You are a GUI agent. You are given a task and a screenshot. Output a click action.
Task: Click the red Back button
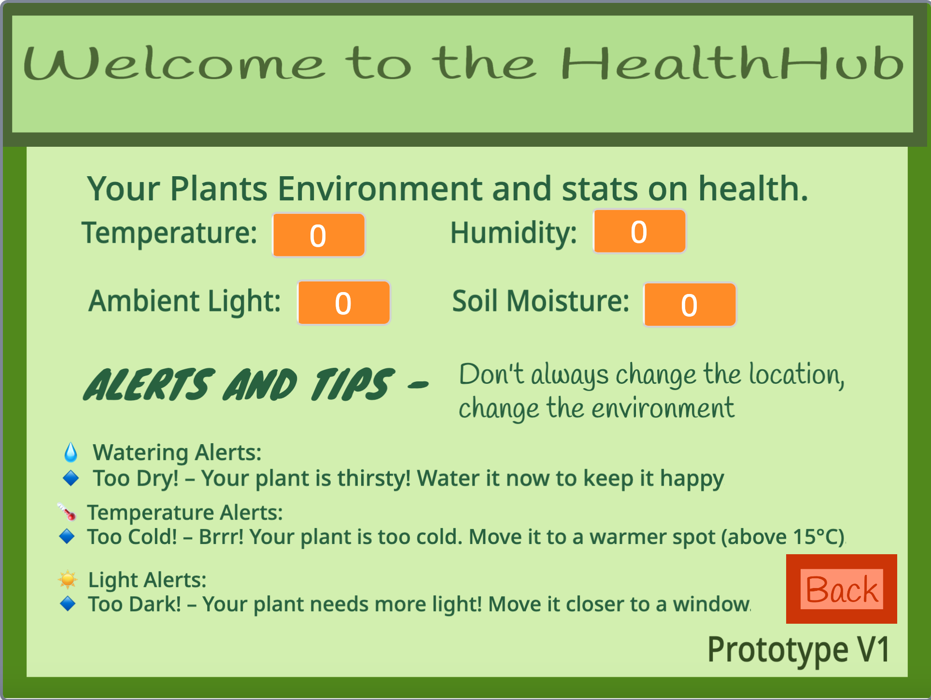(x=841, y=589)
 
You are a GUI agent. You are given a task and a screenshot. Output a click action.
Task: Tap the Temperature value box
(x=318, y=235)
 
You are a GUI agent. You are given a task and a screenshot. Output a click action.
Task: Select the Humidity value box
(x=639, y=231)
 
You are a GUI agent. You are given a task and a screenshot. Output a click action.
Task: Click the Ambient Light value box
(x=343, y=303)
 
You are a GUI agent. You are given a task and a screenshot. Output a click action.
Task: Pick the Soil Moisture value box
(x=689, y=305)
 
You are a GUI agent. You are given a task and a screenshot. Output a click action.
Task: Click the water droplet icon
(x=71, y=452)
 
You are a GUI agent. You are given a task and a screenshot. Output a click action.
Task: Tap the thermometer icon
(x=67, y=512)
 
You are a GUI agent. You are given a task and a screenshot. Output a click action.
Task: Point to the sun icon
(x=68, y=579)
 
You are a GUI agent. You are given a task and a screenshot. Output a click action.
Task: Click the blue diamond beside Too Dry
(x=71, y=478)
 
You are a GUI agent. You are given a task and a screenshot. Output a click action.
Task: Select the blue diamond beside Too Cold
(x=67, y=536)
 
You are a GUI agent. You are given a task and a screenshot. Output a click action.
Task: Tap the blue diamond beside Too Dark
(x=68, y=603)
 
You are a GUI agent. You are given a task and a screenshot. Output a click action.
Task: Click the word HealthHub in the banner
(x=732, y=64)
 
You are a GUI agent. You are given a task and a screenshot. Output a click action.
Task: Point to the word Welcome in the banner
(x=174, y=64)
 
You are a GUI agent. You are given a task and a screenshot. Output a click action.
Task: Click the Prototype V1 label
(x=798, y=650)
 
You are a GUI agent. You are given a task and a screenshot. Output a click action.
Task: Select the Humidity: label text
(x=513, y=233)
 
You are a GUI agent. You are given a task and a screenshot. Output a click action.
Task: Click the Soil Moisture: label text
(x=540, y=301)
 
